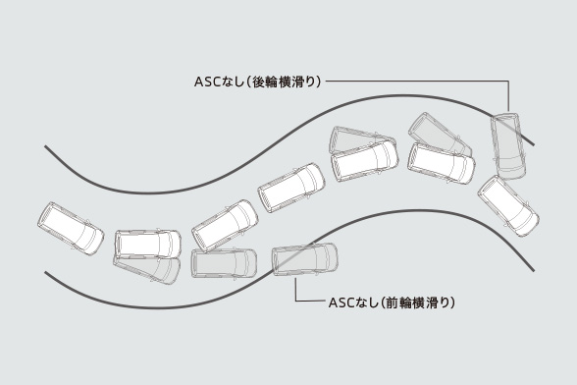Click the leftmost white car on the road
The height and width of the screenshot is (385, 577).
(x=70, y=229)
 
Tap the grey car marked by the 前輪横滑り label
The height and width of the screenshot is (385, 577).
(x=304, y=259)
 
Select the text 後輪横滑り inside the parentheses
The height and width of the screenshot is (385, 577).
(x=284, y=82)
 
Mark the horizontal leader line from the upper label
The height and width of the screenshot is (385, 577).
(x=412, y=82)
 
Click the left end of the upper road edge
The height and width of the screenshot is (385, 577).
(x=46, y=147)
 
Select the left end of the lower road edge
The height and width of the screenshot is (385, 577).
(x=46, y=276)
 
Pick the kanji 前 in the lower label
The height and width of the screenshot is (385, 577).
(x=392, y=302)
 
